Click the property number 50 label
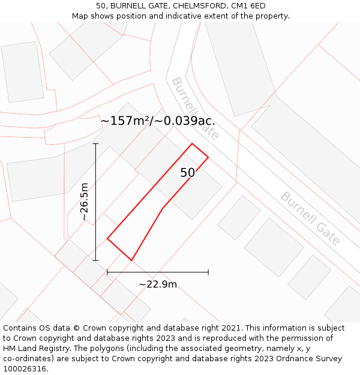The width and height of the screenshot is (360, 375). coord(187,173)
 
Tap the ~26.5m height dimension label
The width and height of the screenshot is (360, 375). coord(85,202)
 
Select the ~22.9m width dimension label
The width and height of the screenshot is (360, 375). coord(158,284)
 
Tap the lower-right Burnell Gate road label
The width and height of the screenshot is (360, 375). coord(310,218)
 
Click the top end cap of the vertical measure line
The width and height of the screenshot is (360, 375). coord(95,144)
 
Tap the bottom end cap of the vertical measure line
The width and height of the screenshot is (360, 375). coord(95,260)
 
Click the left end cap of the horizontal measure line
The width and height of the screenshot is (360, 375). coord(107,272)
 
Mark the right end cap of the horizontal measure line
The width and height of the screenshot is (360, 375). coord(208,272)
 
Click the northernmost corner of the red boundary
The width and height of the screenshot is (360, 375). coord(192,143)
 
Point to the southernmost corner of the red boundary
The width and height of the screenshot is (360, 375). coord(131,260)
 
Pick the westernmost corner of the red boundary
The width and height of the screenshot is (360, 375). coord(107,239)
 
